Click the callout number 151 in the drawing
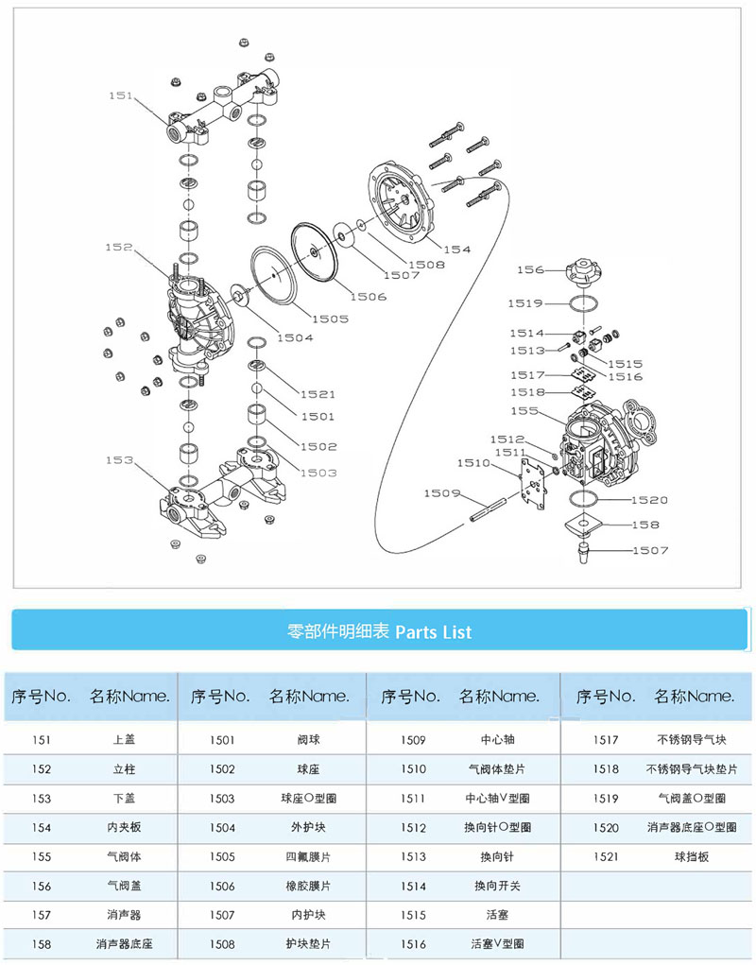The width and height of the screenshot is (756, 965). [121, 95]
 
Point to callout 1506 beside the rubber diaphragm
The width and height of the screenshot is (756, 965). [368, 297]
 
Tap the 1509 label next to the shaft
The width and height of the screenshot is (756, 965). [441, 493]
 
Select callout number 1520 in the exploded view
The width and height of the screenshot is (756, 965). [650, 500]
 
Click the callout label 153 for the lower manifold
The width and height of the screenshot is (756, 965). [120, 460]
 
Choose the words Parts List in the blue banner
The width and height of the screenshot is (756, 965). [432, 631]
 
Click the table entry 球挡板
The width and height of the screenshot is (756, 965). [691, 856]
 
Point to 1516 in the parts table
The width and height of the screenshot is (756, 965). [413, 943]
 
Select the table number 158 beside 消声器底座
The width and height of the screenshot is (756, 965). [41, 943]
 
